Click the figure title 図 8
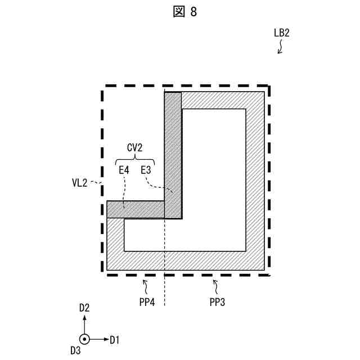pos(186,12)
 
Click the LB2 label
pos(281,33)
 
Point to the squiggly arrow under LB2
pos(280,47)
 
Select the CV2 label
pos(134,148)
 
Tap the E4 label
pos(123,169)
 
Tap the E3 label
pos(146,169)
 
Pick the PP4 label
pos(148,301)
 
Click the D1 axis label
pos(115,339)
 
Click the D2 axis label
pos(84,308)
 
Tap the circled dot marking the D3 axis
pos(84,339)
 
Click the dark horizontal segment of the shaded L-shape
pos(136,209)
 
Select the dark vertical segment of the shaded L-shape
pos(173,152)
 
